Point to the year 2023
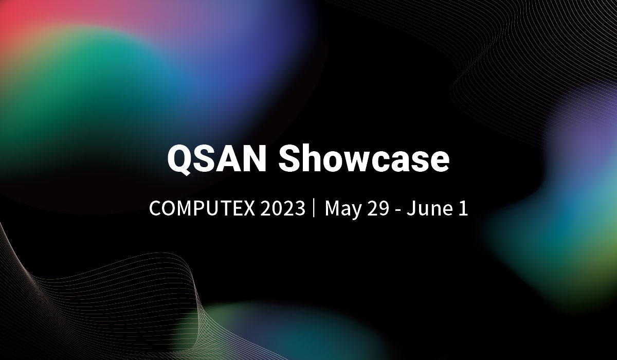coord(282,209)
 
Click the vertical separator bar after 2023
coord(314,209)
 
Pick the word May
coord(342,210)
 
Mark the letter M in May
coord(332,209)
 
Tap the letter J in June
coord(410,209)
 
